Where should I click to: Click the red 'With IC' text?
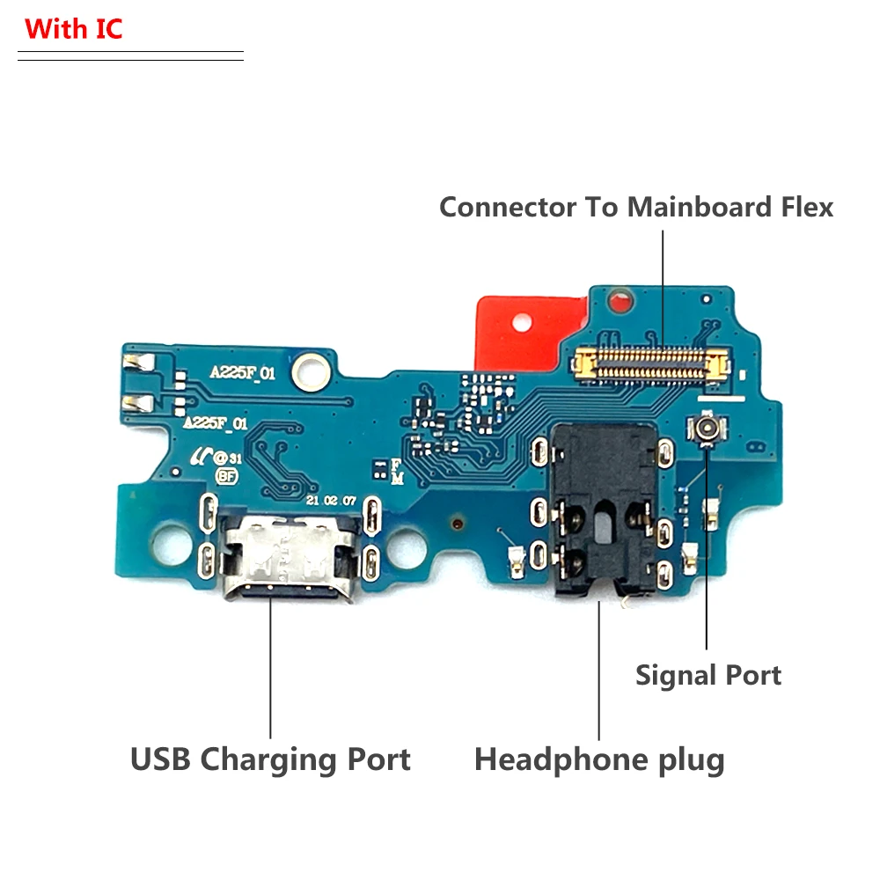[74, 29]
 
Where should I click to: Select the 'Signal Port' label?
[708, 676]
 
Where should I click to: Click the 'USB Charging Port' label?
[270, 759]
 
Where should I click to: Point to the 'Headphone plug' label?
[599, 759]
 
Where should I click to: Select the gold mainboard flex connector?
[651, 363]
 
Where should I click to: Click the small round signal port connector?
[707, 430]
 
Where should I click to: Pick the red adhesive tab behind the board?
[519, 330]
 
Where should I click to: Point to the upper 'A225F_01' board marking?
[243, 373]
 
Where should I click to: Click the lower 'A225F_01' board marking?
[216, 424]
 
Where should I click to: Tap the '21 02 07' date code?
[331, 500]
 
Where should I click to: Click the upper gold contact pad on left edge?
[138, 362]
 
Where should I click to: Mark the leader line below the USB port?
[270, 669]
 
